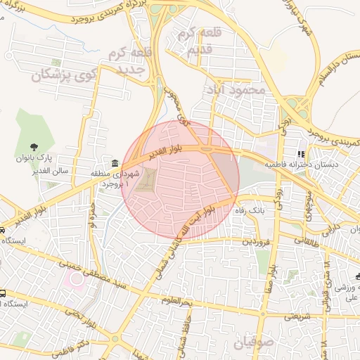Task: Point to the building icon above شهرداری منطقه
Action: point(115,162)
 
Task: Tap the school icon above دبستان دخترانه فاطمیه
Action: point(301,154)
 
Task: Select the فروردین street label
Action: point(257,241)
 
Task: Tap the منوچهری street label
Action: point(309,203)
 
